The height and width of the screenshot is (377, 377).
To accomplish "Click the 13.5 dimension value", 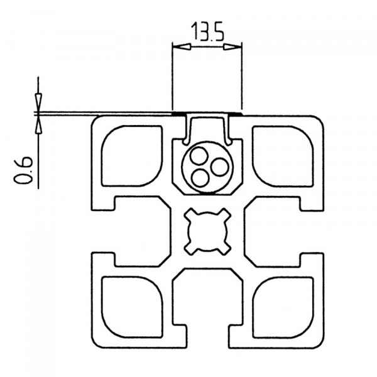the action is tap(207, 31).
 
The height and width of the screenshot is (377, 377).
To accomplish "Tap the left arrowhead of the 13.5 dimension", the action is tap(182, 46).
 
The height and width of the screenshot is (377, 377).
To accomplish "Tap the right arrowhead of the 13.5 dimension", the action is tap(232, 46).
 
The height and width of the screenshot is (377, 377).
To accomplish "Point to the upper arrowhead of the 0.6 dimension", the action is tap(38, 102).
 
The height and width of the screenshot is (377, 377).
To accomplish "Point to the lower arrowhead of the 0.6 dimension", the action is tap(38, 124).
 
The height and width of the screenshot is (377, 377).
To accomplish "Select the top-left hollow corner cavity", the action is tap(132, 156).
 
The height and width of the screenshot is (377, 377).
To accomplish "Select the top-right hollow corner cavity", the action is tap(283, 156).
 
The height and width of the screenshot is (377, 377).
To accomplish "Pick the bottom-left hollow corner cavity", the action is tap(132, 307).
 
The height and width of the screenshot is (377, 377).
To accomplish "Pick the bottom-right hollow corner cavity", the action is tap(283, 307).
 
